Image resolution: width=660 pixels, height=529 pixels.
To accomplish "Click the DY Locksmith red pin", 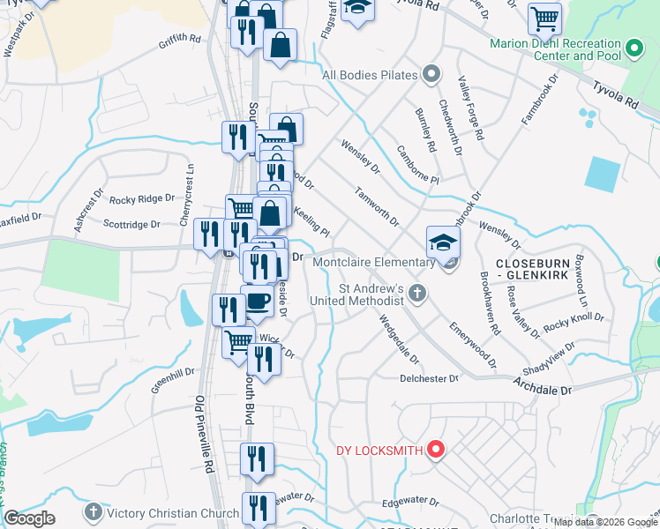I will [434, 451].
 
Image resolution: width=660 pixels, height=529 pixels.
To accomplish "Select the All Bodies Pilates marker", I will [431, 74].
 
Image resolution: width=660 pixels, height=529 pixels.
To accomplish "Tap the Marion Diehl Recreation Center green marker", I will [634, 49].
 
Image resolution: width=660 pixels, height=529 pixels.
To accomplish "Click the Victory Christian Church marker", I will [93, 512].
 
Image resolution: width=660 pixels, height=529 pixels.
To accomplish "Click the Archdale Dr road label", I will [543, 385].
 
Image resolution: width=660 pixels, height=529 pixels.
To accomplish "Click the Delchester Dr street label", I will [430, 378].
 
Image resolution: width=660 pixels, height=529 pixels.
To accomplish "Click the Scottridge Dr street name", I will [132, 225].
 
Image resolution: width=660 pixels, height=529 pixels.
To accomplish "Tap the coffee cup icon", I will [257, 302].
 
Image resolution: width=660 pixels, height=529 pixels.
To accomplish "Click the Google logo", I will [30, 518].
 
